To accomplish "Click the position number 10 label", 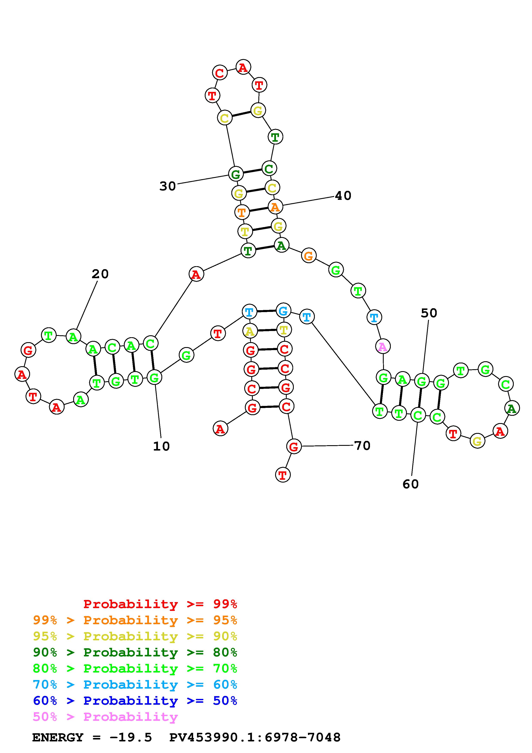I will [x=161, y=446].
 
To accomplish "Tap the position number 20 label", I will [x=100, y=274].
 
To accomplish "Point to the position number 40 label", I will [x=343, y=196].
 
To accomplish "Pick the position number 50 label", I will [x=429, y=313].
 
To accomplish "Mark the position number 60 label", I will [x=410, y=484].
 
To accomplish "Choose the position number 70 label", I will [x=362, y=445].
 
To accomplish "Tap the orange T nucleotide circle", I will [x=242, y=212].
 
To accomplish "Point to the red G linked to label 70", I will [x=294, y=446].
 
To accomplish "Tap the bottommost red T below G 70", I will [x=283, y=475].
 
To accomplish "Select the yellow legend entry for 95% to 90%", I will [x=135, y=636].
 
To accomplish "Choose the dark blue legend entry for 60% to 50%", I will [x=135, y=701].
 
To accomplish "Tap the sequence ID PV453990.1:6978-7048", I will [x=255, y=737].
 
